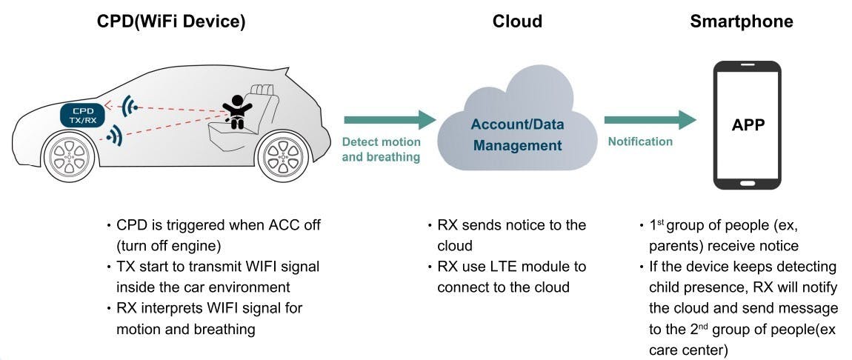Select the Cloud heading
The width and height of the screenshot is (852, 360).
517,21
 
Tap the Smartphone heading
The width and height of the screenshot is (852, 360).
741,21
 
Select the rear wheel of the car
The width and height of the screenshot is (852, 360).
282,157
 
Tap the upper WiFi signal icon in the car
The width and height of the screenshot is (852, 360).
131,106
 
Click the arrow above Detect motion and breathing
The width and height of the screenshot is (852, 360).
390,119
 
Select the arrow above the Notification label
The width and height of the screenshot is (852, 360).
650,119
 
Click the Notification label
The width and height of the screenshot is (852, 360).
640,141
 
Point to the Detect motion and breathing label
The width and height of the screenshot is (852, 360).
381,149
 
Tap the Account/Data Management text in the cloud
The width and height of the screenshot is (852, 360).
517,134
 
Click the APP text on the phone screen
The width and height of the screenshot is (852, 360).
747,125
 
